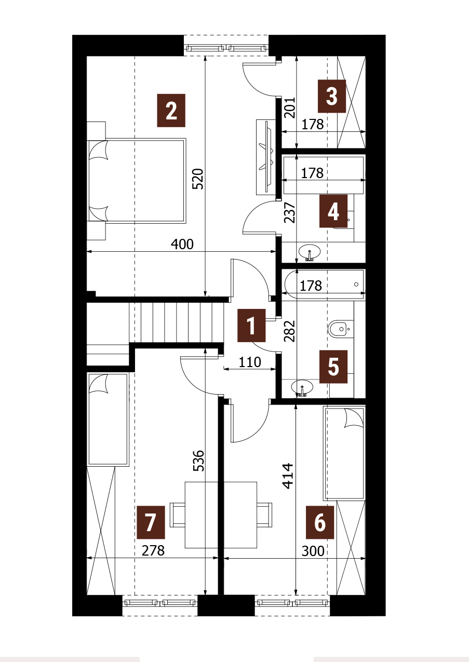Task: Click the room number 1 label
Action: pyautogui.click(x=251, y=326)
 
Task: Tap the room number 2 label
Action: pyautogui.click(x=171, y=111)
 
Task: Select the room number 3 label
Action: pyautogui.click(x=332, y=96)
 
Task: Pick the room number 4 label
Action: pyautogui.click(x=333, y=211)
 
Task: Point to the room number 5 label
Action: pyautogui.click(x=333, y=367)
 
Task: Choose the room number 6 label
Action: pyautogui.click(x=319, y=522)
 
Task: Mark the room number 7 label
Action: pyautogui.click(x=151, y=522)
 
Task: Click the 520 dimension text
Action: pyautogui.click(x=198, y=179)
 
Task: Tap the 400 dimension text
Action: pyautogui.click(x=182, y=244)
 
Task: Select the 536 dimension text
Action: pyautogui.click(x=198, y=461)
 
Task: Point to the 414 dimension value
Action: pyautogui.click(x=288, y=476)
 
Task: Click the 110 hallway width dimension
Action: pyautogui.click(x=250, y=362)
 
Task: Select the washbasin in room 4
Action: pyautogui.click(x=310, y=252)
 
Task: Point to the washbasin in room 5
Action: pyautogui.click(x=302, y=387)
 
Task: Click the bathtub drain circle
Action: pyautogui.click(x=356, y=285)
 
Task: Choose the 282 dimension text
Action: pyautogui.click(x=290, y=331)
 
